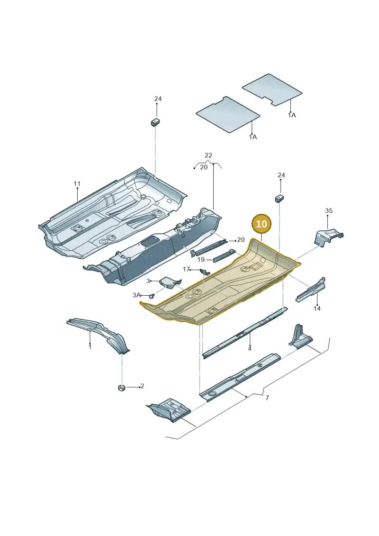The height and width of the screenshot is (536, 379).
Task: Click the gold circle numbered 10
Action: [x=262, y=224]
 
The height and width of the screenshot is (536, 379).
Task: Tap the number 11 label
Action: [x=77, y=184]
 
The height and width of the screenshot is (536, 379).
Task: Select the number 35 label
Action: [x=329, y=210]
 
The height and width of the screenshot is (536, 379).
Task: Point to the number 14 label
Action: [x=317, y=309]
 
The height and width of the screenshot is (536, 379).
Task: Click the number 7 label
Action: [x=267, y=398]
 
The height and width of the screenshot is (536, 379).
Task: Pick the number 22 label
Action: [x=208, y=155]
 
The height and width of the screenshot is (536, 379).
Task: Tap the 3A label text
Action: [x=137, y=295]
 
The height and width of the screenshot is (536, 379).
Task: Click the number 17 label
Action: [x=186, y=269]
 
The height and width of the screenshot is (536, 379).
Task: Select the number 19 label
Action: [x=201, y=260]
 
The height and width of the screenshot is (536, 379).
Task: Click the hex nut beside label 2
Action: [x=121, y=388]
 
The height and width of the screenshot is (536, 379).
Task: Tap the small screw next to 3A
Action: [x=153, y=295]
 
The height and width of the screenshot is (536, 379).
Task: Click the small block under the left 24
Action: [x=156, y=122]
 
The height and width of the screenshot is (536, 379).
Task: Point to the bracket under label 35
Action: [x=328, y=237]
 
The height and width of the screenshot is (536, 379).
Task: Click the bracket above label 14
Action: [x=311, y=290]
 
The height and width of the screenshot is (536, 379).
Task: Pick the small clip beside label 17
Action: [x=205, y=272]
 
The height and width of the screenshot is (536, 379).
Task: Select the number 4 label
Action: [x=250, y=349]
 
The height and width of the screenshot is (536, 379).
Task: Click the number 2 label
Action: [x=142, y=386]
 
